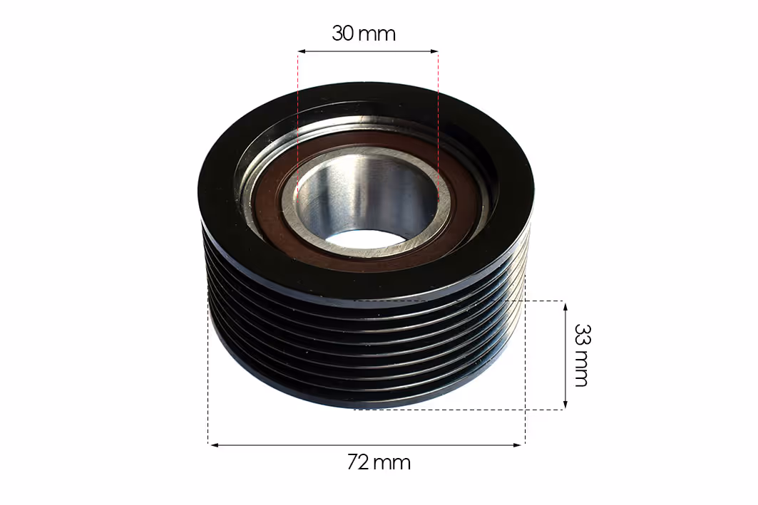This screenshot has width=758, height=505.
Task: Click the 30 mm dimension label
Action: point(364,33)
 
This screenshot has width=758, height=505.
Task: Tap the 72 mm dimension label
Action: point(379,462)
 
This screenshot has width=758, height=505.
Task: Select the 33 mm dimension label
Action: point(582,355)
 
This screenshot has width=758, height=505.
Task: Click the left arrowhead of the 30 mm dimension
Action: point(301,51)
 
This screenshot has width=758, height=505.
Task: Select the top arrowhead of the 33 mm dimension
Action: point(565,306)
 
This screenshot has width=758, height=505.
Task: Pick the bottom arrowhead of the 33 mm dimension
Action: point(565,404)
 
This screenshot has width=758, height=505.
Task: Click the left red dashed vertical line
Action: point(298,123)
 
